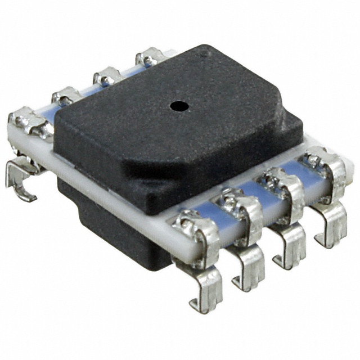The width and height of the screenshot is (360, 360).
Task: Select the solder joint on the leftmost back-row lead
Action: pyautogui.click(x=28, y=121)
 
